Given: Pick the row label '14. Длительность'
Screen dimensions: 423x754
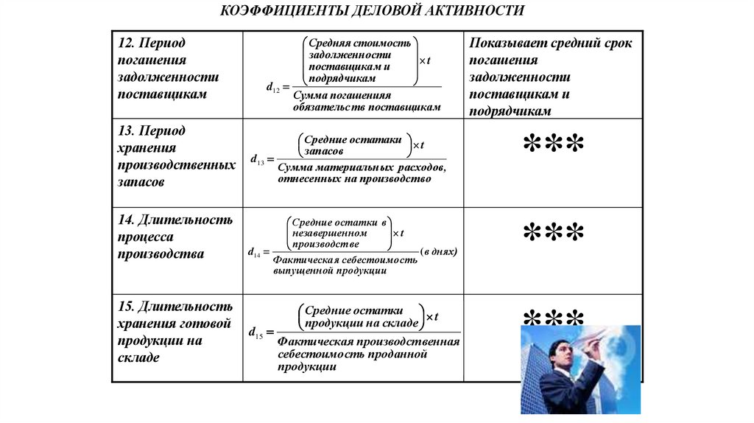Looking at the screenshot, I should pyautogui.click(x=175, y=219).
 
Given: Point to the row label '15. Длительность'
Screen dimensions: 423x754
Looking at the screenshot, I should pyautogui.click(x=175, y=306).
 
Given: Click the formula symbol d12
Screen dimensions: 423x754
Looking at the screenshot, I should pyautogui.click(x=273, y=88).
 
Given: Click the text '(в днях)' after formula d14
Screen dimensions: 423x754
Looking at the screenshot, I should pyautogui.click(x=439, y=252).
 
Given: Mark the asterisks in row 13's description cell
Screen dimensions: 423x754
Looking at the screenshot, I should pyautogui.click(x=554, y=144).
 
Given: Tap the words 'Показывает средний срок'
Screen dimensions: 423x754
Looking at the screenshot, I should pyautogui.click(x=551, y=43).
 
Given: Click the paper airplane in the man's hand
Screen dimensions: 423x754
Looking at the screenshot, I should pyautogui.click(x=596, y=335).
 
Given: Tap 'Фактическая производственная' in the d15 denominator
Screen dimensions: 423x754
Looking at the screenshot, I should pyautogui.click(x=369, y=342).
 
